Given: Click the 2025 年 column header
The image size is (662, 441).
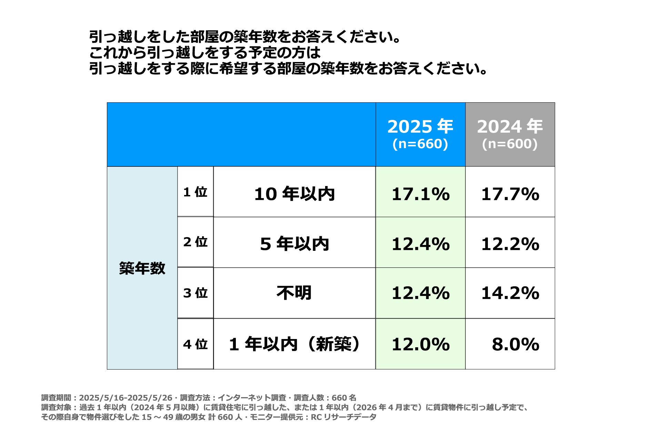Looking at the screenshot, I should pyautogui.click(x=420, y=126).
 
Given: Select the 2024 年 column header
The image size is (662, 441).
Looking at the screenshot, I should pyautogui.click(x=510, y=126).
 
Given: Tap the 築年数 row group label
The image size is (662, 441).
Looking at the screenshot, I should pyautogui.click(x=142, y=268).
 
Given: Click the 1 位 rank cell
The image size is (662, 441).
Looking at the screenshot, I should pyautogui.click(x=195, y=192).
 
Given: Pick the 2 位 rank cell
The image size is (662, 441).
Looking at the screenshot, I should pyautogui.click(x=195, y=242).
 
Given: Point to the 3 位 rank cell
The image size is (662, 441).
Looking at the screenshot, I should pyautogui.click(x=195, y=293).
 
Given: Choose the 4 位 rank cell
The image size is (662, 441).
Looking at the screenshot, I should pyautogui.click(x=195, y=344).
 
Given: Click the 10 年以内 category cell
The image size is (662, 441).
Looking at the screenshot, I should pyautogui.click(x=294, y=194).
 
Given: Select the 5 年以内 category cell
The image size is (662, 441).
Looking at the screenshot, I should pyautogui.click(x=294, y=244).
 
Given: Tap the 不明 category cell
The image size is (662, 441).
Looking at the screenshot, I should pyautogui.click(x=294, y=293).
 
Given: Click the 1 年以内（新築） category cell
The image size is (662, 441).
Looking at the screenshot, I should pyautogui.click(x=294, y=344).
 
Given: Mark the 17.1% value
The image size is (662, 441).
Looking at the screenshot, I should pyautogui.click(x=421, y=194).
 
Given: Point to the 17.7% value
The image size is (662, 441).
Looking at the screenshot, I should pyautogui.click(x=510, y=194).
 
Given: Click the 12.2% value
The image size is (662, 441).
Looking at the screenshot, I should pyautogui.click(x=510, y=244).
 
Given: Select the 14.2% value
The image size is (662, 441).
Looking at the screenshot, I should pyautogui.click(x=510, y=293).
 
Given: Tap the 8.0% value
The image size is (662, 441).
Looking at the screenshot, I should pyautogui.click(x=515, y=344).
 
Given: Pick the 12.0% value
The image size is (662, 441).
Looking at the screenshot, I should pyautogui.click(x=421, y=344).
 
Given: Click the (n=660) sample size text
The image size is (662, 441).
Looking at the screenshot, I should pyautogui.click(x=420, y=144).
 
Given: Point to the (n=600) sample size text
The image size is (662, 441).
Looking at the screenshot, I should pyautogui.click(x=510, y=144).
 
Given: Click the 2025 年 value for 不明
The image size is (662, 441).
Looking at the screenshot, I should pyautogui.click(x=421, y=293).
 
